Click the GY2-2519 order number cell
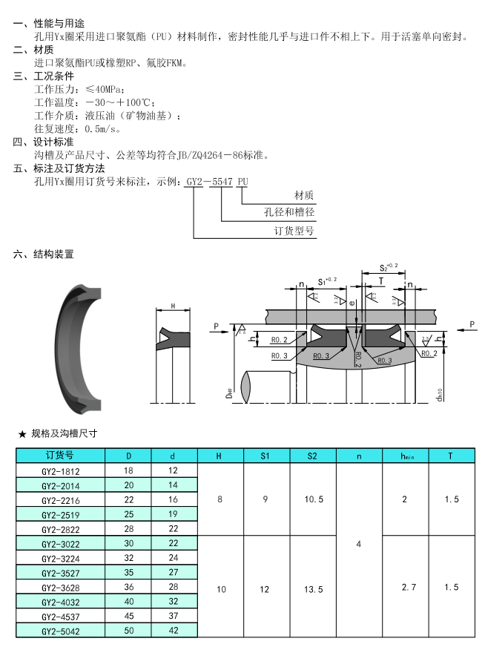[60, 514]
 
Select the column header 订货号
[60, 456]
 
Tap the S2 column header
[312, 456]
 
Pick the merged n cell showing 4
[359, 544]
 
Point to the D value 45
[128, 616]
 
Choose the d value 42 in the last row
[174, 631]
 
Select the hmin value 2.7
[405, 588]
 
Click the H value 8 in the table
[220, 499]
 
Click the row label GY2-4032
[60, 602]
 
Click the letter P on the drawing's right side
[472, 324]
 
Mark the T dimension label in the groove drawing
[382, 281]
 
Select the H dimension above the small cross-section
[173, 306]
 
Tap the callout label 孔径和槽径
[290, 212]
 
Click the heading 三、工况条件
[43, 76]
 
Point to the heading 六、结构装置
[43, 254]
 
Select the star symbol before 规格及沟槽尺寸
[22, 433]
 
